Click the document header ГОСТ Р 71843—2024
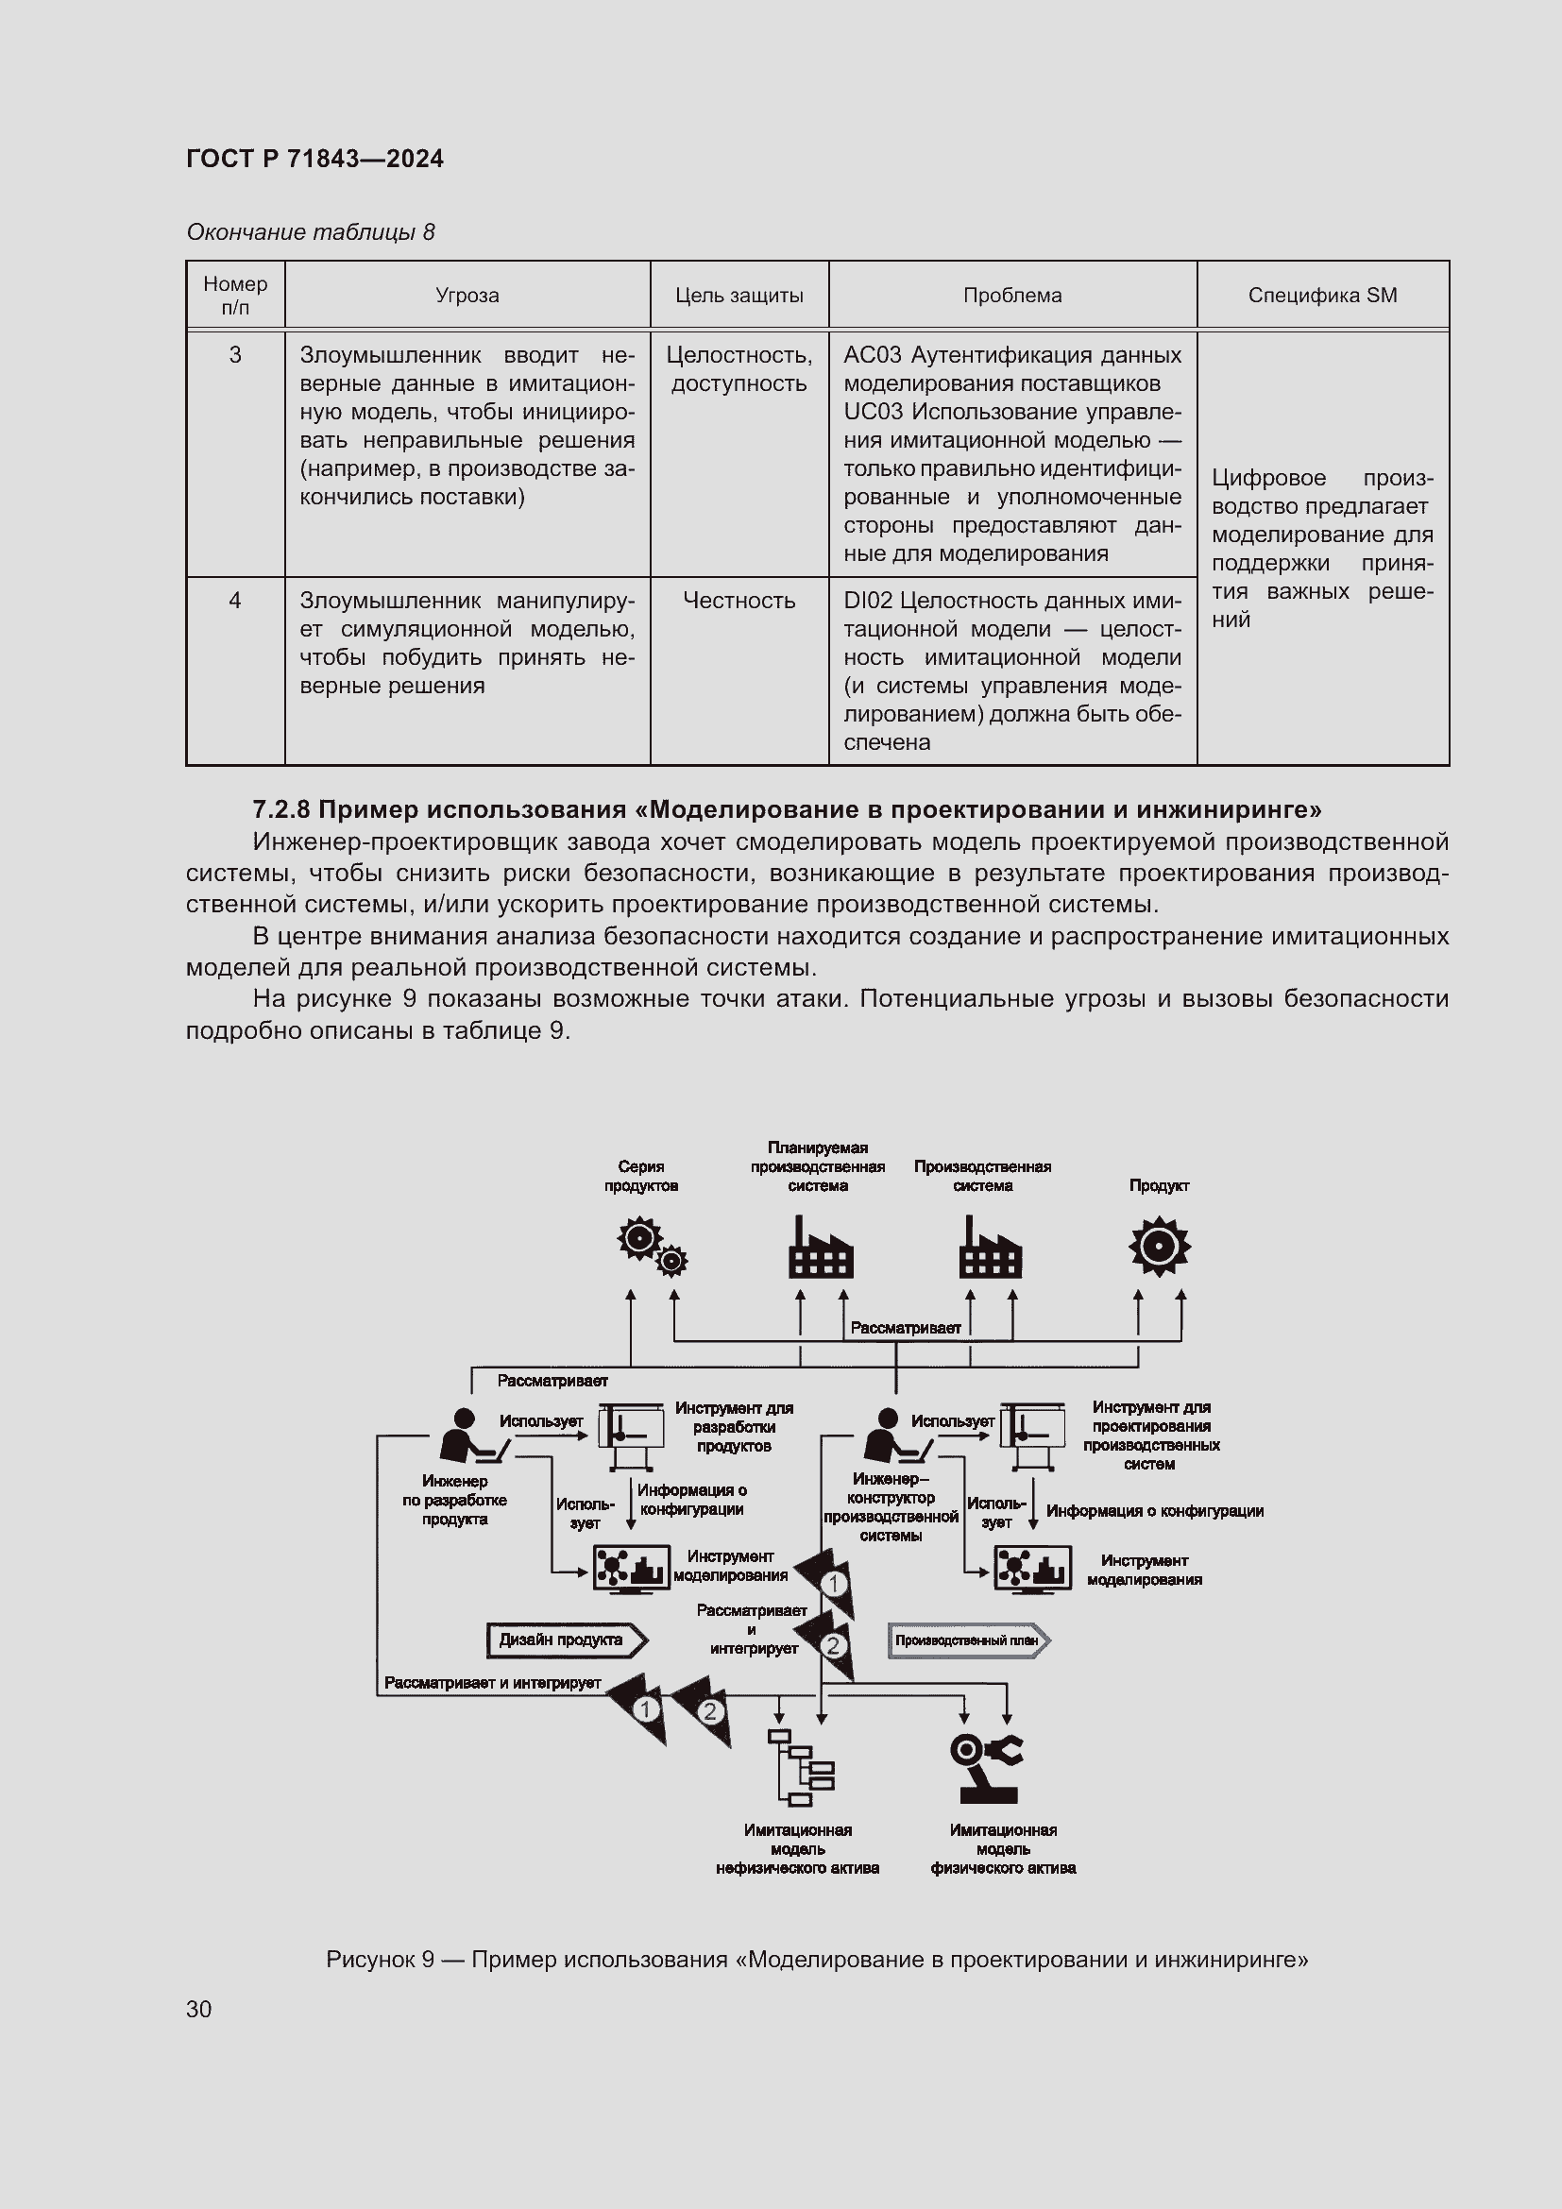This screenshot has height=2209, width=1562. (314, 159)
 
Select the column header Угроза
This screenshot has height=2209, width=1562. (467, 296)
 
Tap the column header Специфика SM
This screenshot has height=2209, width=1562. (1321, 296)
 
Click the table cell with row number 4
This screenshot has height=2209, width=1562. (235, 601)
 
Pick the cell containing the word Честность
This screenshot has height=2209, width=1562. (739, 601)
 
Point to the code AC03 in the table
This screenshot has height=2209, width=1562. (873, 355)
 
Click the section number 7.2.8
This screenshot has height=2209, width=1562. (280, 809)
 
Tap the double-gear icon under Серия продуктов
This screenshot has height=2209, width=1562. (653, 1246)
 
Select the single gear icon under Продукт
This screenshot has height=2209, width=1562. (1159, 1246)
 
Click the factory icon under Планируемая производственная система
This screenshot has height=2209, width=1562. (820, 1248)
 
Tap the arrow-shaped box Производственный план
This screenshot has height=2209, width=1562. (969, 1641)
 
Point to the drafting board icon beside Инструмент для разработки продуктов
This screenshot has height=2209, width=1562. (631, 1435)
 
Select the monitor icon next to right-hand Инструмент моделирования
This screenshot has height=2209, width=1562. (1032, 1570)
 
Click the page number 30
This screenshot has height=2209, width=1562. (199, 2009)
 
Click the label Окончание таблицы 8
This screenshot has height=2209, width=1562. (310, 232)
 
